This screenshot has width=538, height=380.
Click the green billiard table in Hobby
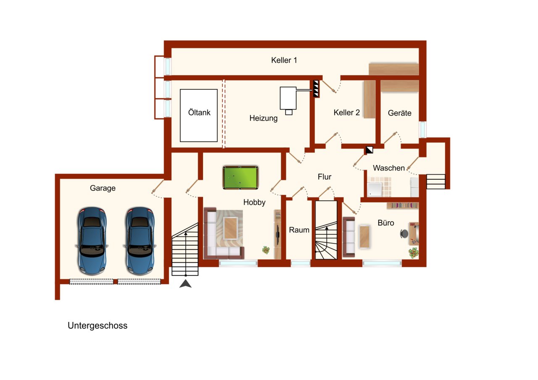coord(240,178)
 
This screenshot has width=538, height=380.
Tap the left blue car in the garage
coord(92,241)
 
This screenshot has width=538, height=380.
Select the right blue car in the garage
coord(140,241)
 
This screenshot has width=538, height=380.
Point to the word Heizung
coord(264,118)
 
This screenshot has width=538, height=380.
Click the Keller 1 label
coord(284,60)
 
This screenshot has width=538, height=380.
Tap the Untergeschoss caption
coord(98,325)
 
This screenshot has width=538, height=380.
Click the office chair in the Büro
coord(404,233)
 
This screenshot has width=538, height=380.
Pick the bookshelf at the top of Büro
coord(403,205)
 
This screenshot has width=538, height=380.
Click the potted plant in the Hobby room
coord(266,250)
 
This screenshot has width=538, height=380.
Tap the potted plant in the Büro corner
coord(413,253)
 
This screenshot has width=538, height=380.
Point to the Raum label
coord(299,230)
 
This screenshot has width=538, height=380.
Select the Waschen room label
coord(389,168)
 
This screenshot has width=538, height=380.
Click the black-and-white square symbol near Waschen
coord(369,150)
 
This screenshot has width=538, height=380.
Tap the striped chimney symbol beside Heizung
coord(316,89)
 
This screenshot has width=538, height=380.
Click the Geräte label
coord(400,113)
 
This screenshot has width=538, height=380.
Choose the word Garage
coord(103,188)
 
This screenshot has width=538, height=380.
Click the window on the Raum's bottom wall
coord(301,263)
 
